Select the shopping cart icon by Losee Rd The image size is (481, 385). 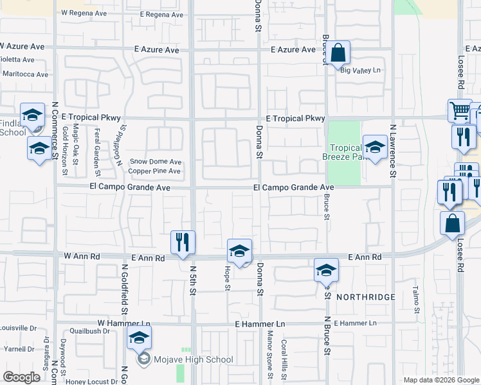point(459,112)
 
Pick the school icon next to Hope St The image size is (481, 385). point(239,251)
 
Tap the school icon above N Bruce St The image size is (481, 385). point(326,270)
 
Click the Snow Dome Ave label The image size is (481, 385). point(156,162)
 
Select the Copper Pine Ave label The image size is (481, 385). point(154,171)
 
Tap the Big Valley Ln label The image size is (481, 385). point(361,71)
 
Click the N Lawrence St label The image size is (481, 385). point(392,152)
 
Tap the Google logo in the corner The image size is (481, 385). point(21,377)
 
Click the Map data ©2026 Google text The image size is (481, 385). point(440,380)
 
